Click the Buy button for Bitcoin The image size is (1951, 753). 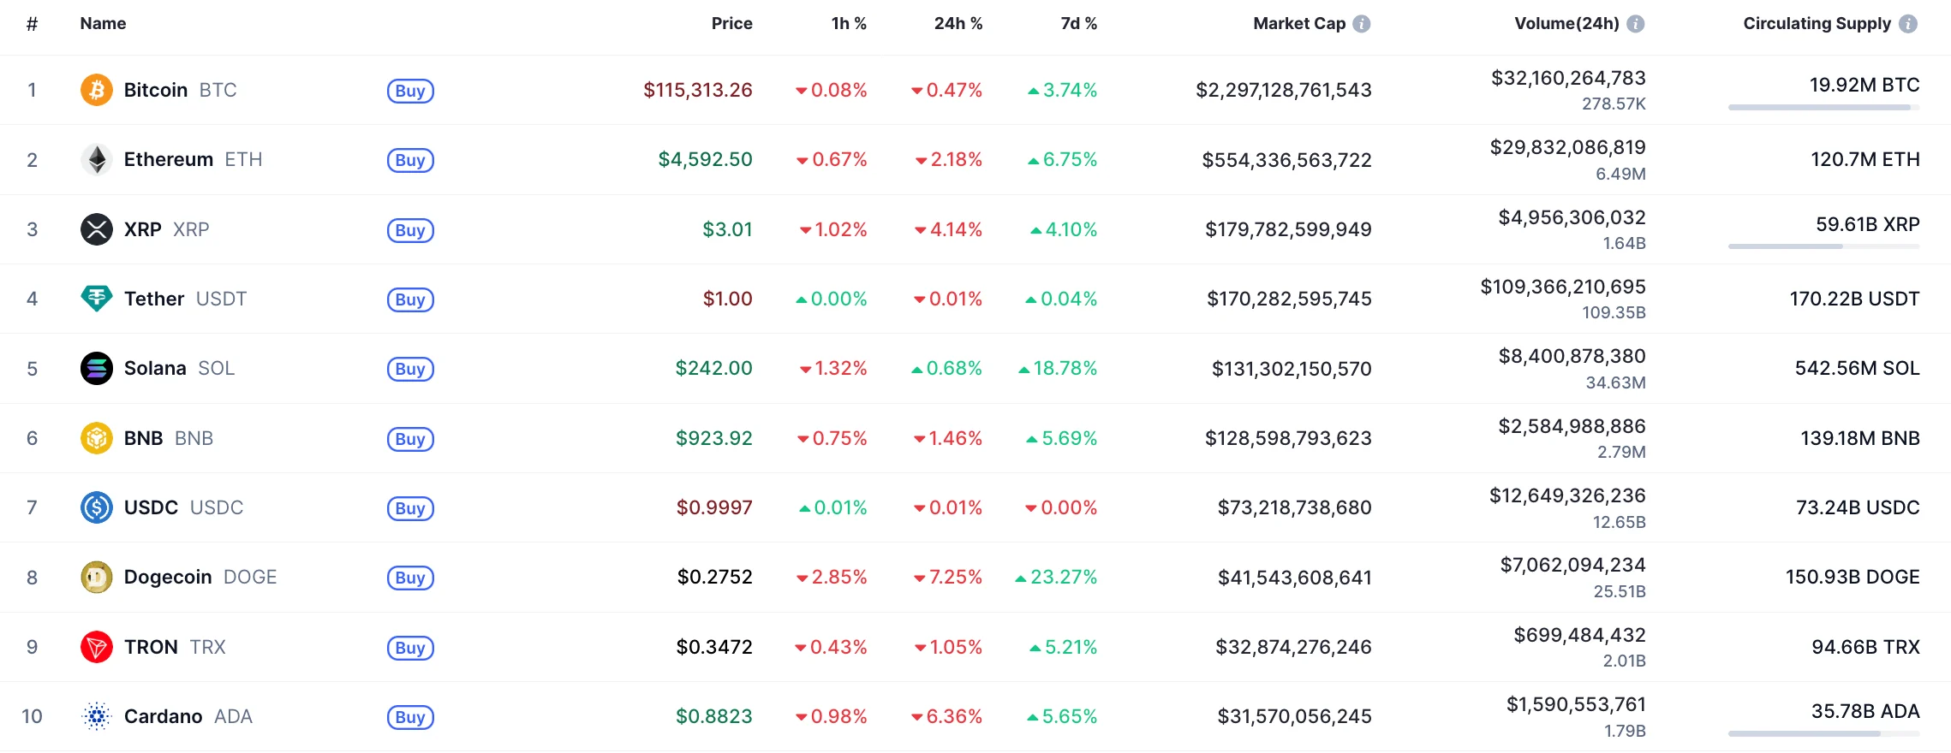[x=410, y=91]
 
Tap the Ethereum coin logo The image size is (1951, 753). [x=97, y=160]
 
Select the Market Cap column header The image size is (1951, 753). [x=1298, y=24]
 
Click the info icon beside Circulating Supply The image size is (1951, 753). [x=1908, y=24]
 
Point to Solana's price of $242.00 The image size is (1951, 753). [x=713, y=368]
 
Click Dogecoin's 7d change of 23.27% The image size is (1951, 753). [x=1063, y=577]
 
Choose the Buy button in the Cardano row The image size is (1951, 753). [x=410, y=717]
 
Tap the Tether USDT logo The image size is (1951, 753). [x=97, y=299]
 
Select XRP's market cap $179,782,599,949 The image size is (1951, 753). [x=1288, y=229]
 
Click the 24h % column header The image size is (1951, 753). [x=958, y=24]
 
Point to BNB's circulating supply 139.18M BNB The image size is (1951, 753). [x=1859, y=438]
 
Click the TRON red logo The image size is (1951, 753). [x=97, y=647]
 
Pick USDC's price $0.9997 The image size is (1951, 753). [x=714, y=507]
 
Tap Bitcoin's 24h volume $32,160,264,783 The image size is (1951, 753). [x=1568, y=78]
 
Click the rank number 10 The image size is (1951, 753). [x=32, y=716]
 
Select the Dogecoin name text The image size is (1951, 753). [x=168, y=577]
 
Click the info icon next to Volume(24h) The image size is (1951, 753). [x=1636, y=24]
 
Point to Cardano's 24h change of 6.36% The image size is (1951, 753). [x=953, y=716]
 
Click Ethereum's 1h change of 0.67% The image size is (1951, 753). [x=838, y=160]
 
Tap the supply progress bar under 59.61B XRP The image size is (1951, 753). [x=1823, y=246]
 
